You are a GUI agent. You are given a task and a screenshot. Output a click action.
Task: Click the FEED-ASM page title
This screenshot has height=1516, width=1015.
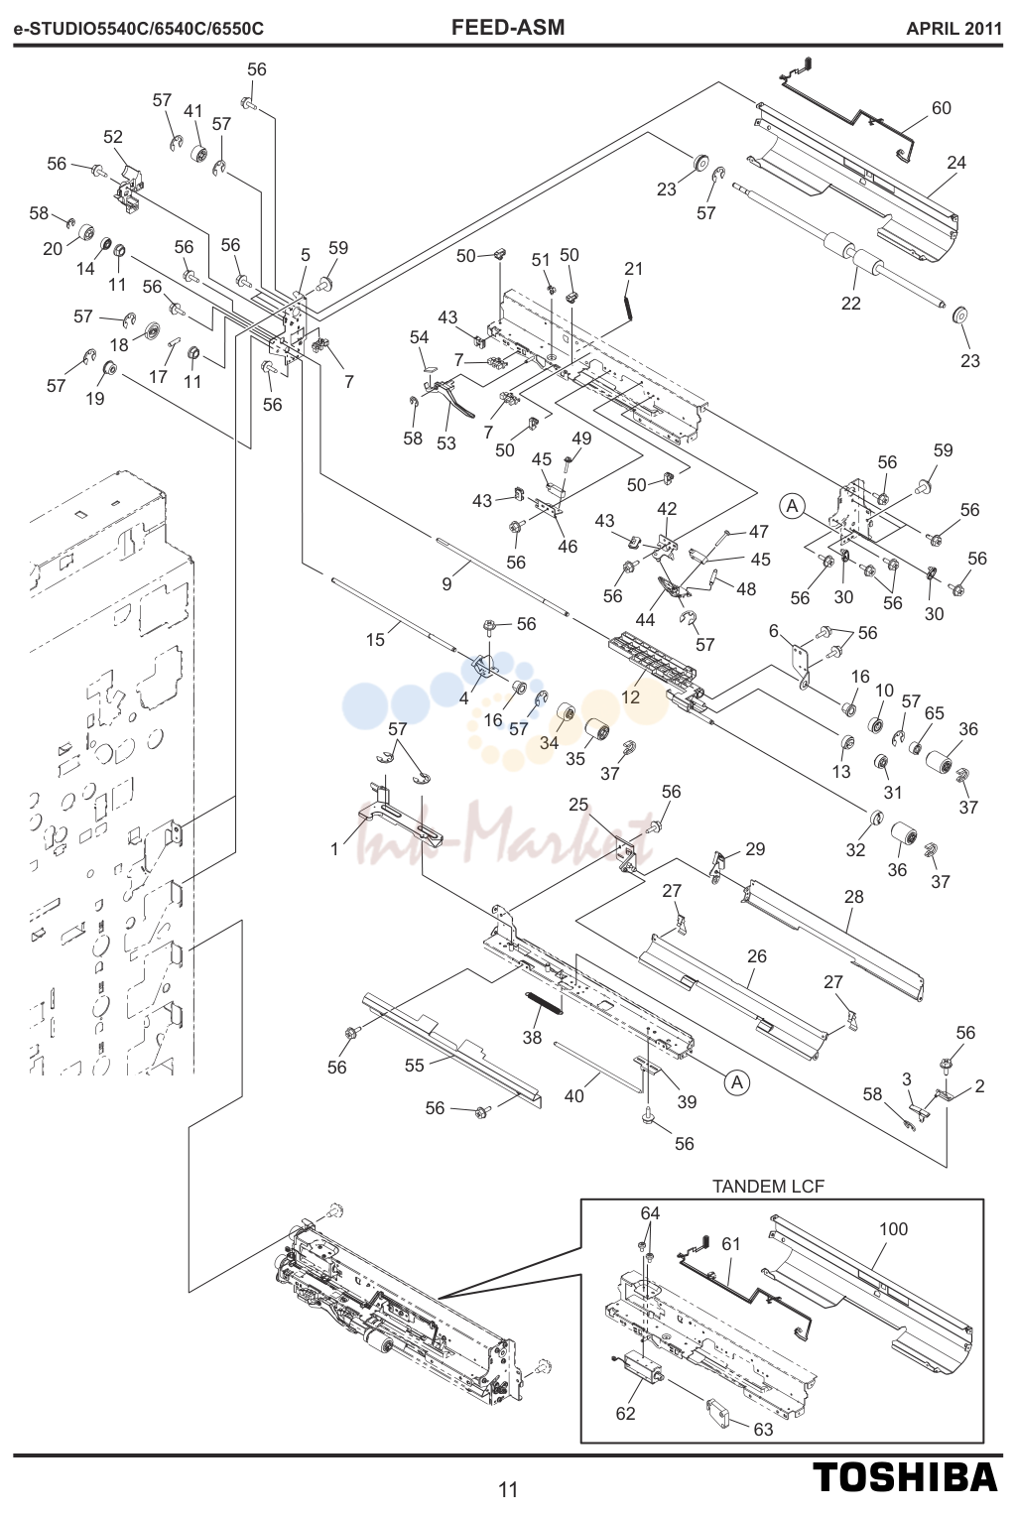point(508,27)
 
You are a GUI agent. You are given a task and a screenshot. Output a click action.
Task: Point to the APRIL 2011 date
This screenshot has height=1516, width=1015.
point(953,29)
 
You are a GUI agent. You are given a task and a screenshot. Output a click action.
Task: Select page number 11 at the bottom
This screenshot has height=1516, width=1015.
point(508,1489)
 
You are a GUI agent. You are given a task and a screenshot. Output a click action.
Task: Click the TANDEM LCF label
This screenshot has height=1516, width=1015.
point(769,1186)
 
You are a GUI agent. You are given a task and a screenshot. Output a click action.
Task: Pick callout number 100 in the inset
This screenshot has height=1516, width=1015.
point(893,1228)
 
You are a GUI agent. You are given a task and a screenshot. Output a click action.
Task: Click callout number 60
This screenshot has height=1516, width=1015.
point(942,107)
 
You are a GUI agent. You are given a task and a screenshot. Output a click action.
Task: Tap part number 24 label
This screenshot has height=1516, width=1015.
point(956,163)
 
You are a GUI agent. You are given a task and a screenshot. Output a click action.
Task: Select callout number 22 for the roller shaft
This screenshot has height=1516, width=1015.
point(850,304)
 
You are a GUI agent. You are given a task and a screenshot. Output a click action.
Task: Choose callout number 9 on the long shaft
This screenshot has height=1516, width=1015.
point(446,584)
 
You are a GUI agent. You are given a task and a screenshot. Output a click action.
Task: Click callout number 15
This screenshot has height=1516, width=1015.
point(376,640)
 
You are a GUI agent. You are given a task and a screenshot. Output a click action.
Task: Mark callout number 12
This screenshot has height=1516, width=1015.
point(630,696)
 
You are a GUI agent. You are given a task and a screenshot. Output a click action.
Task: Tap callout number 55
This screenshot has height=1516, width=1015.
point(414,1065)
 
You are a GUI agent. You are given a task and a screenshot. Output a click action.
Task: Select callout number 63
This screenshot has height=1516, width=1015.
point(763,1429)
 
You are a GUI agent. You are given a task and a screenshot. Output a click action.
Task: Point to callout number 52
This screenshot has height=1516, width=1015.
point(113,137)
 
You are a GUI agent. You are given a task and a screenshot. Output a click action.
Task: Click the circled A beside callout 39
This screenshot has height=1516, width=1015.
point(737,1082)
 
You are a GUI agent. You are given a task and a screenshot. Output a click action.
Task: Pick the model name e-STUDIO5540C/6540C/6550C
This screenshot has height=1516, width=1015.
point(139,29)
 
